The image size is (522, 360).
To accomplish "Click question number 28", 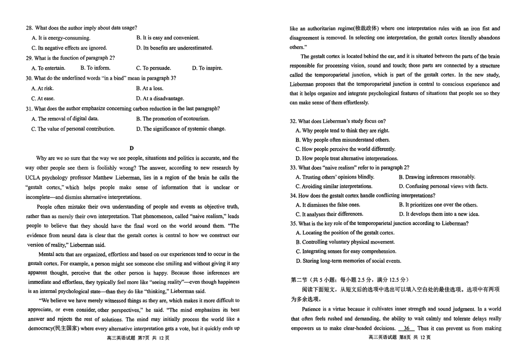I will click(30, 28).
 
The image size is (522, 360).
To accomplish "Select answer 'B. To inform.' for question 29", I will click(95, 68).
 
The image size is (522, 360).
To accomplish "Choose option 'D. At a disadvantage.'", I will click(160, 98).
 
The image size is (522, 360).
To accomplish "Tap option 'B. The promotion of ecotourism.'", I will click(172, 119).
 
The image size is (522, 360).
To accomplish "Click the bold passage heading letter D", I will click(131, 148).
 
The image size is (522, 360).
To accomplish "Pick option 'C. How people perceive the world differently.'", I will click(345, 149).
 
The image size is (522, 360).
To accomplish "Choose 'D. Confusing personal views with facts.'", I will click(443, 186).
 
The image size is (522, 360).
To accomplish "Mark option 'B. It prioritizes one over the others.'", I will click(438, 205).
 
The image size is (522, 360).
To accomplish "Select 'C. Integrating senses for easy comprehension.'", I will click(346, 252).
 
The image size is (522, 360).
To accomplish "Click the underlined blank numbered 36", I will click(406, 328).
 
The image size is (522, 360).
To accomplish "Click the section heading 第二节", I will click(300, 279).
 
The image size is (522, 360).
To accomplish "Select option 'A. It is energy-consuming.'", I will click(61, 38).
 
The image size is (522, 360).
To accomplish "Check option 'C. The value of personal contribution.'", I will click(73, 129).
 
